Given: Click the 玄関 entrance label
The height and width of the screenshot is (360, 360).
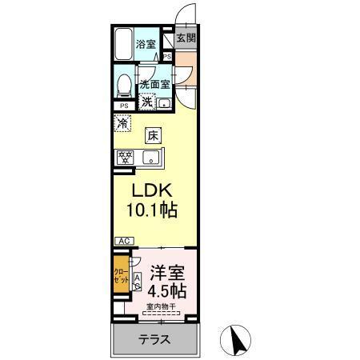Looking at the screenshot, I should tap(186, 38).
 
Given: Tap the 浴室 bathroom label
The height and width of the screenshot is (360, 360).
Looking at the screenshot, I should tap(146, 45).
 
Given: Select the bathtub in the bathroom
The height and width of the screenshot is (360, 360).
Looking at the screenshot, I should tap(122, 44).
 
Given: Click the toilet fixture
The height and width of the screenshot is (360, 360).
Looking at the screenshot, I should tap(123, 84).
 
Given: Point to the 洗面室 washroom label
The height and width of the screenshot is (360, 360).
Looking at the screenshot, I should tap(154, 84).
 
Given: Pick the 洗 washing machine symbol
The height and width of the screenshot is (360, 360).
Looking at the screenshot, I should tap(147, 102).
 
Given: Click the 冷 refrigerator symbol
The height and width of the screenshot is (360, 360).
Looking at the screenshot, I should tap(122, 125).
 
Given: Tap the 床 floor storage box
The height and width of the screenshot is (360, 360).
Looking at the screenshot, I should tap(154, 136).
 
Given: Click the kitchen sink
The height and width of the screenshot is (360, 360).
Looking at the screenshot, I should tap(150, 158).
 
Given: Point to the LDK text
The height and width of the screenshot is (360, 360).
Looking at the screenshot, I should tap(150, 192).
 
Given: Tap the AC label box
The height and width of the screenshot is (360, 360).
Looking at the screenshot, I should tap(123, 241).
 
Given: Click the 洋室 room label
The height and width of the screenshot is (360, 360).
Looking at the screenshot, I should tap(165, 270).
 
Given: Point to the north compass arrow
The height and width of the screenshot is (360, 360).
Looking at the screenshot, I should tap(237, 338).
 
